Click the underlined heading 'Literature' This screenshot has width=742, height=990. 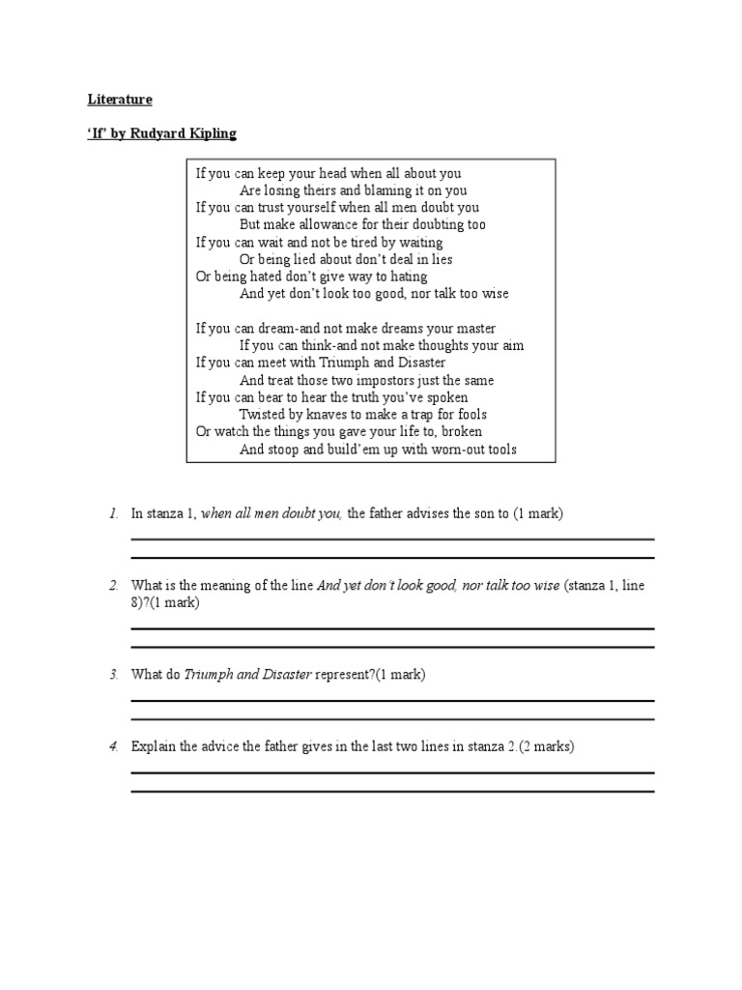click(121, 100)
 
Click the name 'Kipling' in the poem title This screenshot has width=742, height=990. click(211, 133)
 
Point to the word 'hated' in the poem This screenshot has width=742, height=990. click(266, 277)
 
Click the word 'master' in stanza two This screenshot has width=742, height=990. click(474, 329)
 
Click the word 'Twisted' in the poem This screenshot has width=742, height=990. click(262, 415)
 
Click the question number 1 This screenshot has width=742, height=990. click(113, 513)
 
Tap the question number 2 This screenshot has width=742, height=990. click(113, 586)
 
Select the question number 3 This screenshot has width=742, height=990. click(113, 675)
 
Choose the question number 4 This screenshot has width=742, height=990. click(113, 746)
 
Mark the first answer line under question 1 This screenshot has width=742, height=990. click(392, 539)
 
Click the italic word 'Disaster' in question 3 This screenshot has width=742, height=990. click(286, 675)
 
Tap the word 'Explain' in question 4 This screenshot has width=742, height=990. click(153, 746)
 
